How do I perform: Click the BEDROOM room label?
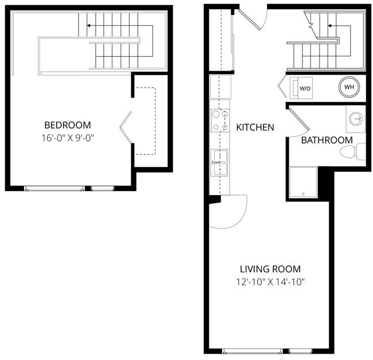pyautogui.click(x=68, y=125)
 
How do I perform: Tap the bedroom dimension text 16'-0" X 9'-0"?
pyautogui.click(x=68, y=138)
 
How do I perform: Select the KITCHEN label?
pyautogui.click(x=255, y=127)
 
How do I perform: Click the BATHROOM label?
pyautogui.click(x=327, y=140)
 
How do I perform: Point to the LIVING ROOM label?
pyautogui.click(x=270, y=269)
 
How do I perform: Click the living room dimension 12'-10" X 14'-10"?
pyautogui.click(x=270, y=282)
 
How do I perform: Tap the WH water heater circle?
pyautogui.click(x=348, y=87)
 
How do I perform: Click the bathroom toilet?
pyautogui.click(x=351, y=152)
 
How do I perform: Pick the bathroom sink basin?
pyautogui.click(x=356, y=119)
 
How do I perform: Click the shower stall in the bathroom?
pyautogui.click(x=302, y=183)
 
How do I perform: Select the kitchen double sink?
pyautogui.click(x=219, y=162)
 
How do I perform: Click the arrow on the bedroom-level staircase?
pyautogui.click(x=90, y=25)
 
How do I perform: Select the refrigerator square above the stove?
pyautogui.click(x=220, y=87)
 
